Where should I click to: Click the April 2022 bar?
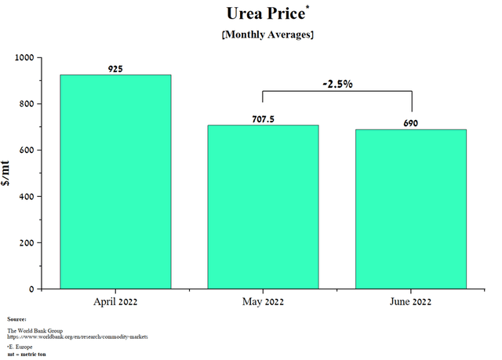click(116, 181)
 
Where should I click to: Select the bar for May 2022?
click(264, 206)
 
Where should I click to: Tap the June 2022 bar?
click(411, 209)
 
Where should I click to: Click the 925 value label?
click(116, 70)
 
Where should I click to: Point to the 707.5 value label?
click(264, 120)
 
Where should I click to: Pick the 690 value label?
click(411, 124)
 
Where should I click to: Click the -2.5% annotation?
click(337, 83)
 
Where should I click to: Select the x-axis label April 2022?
click(116, 301)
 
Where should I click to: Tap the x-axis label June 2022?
click(411, 301)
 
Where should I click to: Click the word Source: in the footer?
click(16, 319)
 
